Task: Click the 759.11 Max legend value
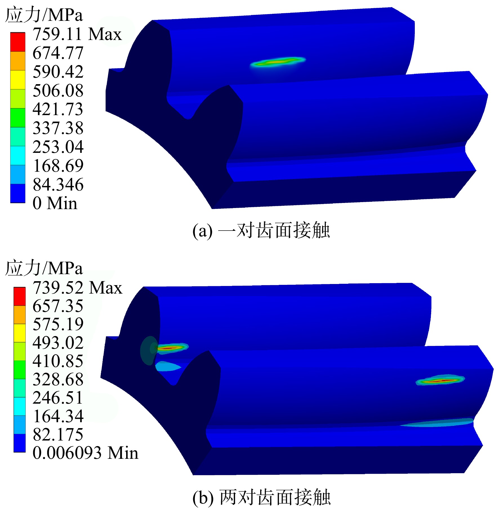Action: coord(77,34)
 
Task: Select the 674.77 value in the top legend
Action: coord(58,53)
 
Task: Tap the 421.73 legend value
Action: coord(58,109)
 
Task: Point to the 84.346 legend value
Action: coord(58,185)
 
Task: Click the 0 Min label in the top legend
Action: coord(55,203)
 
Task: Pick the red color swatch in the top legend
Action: coord(18,42)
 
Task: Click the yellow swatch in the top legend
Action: coord(18,80)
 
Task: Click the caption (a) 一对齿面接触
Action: coord(261,231)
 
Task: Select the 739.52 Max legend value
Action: coord(77,288)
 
